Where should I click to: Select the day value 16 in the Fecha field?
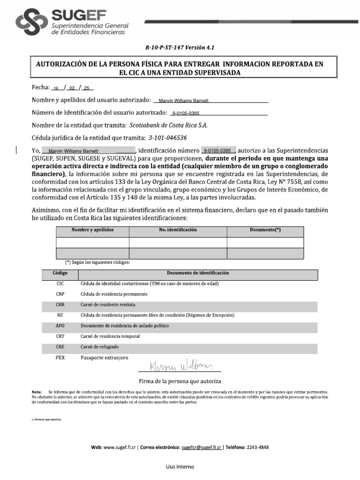pyautogui.click(x=56, y=88)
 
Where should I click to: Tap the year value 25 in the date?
pyautogui.click(x=86, y=88)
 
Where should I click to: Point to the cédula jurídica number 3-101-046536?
pyautogui.click(x=167, y=138)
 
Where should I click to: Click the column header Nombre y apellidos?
pyautogui.click(x=92, y=230)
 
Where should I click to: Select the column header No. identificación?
pyautogui.click(x=178, y=230)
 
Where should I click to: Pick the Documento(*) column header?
pyautogui.click(x=265, y=230)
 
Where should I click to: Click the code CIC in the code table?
pyautogui.click(x=60, y=284)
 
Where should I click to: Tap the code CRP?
pyautogui.click(x=60, y=294)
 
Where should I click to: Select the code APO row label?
pyautogui.click(x=60, y=325)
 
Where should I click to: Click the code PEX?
pyautogui.click(x=60, y=357)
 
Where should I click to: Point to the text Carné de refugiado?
pyautogui.click(x=99, y=346)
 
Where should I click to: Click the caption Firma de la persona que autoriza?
pyautogui.click(x=180, y=381)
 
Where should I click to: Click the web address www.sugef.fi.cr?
pyautogui.click(x=120, y=448)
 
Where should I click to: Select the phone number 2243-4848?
pyautogui.click(x=257, y=448)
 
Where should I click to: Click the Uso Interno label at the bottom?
pyautogui.click(x=180, y=466)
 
